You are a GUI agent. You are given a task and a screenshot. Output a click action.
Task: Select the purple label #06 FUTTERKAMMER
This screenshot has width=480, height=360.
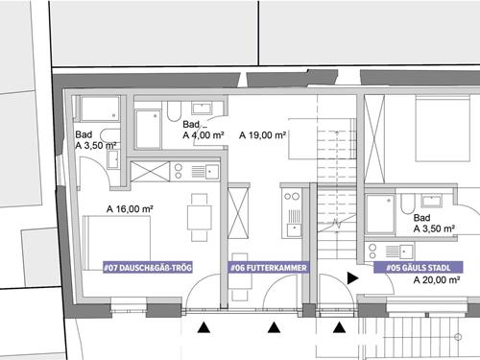268,268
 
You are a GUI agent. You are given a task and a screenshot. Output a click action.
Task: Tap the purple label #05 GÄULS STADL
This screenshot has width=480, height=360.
420,268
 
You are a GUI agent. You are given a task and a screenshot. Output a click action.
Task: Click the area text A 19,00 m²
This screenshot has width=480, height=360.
263,134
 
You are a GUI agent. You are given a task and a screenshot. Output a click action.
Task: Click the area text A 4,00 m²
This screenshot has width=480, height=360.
204,136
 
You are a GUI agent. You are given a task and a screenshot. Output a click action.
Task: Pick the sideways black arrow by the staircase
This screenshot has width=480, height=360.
352,277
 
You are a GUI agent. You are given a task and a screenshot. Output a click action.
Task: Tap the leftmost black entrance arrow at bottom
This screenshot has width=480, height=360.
204,328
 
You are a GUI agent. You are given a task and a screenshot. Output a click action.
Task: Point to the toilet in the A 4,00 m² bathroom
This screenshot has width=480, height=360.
175,112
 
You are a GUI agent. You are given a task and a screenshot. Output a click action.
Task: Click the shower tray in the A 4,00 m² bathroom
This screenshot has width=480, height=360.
148,128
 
